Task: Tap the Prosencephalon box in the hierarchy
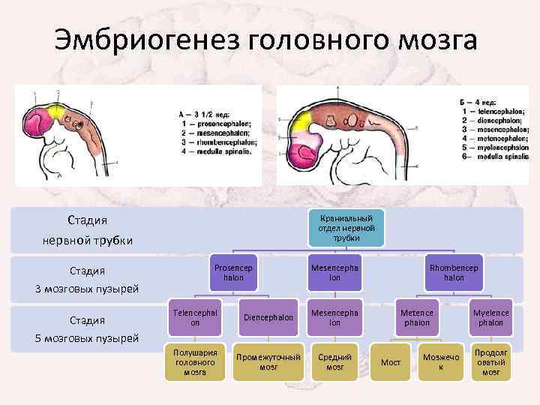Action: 233,272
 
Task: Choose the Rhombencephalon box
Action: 454,272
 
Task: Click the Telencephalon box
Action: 194,317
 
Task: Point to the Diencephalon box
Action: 268,317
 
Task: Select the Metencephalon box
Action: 417,317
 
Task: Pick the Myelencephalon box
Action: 492,317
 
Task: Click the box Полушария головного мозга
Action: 194,361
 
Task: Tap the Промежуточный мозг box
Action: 268,361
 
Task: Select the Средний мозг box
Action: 334,361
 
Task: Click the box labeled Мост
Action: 391,362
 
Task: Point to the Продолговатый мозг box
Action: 492,361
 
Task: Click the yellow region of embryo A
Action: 57,113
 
